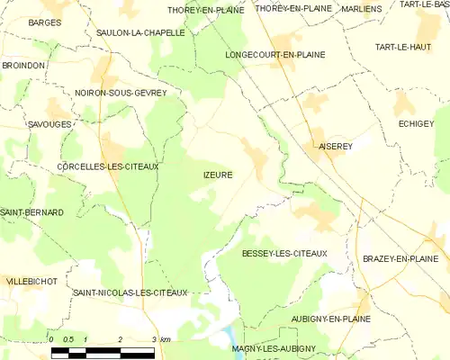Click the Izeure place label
(212, 175)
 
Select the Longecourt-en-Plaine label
(274, 54)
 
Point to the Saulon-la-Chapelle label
(140, 31)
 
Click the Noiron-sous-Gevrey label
(121, 93)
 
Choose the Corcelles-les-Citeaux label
(107, 166)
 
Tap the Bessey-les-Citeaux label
(284, 254)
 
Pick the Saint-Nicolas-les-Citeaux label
(130, 292)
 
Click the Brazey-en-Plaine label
(400, 258)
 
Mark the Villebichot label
(31, 282)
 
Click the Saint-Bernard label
(31, 212)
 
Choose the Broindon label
(22, 66)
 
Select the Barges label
(44, 22)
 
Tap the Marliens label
(363, 9)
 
